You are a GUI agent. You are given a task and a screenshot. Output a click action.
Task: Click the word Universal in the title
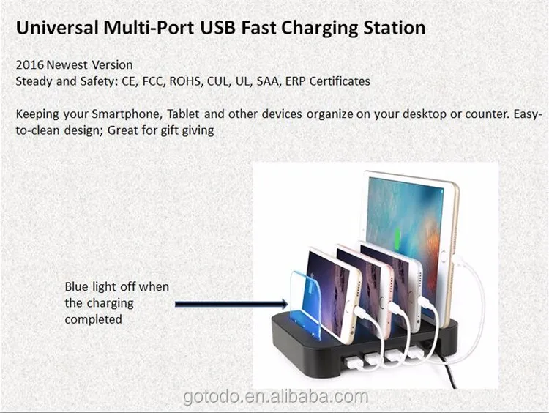click(57, 27)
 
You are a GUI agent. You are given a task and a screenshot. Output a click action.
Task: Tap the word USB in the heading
click(217, 27)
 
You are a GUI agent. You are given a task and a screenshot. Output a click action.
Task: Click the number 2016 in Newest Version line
click(30, 64)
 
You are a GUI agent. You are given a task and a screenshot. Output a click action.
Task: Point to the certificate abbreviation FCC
click(153, 81)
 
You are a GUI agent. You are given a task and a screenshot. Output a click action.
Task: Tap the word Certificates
click(340, 81)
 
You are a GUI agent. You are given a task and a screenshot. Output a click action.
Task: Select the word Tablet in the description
click(183, 114)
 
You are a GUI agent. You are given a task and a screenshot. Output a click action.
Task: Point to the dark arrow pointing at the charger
click(231, 304)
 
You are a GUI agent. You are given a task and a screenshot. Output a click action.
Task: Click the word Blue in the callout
click(76, 286)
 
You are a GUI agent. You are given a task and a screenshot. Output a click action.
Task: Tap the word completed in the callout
click(94, 319)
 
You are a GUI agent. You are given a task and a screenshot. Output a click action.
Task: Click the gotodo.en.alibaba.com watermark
click(276, 397)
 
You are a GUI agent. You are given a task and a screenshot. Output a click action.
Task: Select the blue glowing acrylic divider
click(305, 305)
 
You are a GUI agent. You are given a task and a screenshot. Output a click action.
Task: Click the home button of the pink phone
click(382, 302)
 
